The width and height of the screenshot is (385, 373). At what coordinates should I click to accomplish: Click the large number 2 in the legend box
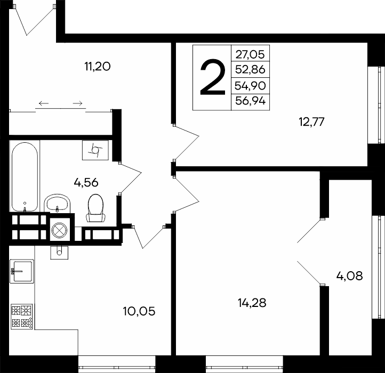(x=213, y=77)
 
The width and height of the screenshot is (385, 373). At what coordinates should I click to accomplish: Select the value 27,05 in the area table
(x=250, y=54)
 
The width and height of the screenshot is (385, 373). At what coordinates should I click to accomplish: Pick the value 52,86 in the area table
(x=250, y=70)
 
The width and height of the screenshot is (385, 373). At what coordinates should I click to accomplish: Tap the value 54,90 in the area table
(x=250, y=86)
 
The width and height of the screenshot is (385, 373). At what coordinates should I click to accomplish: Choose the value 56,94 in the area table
(x=250, y=101)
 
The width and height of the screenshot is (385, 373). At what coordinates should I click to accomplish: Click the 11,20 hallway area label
(x=98, y=66)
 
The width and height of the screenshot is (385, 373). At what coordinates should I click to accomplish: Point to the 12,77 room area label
(x=311, y=121)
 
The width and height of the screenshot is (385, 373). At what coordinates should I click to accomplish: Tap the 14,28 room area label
(x=252, y=303)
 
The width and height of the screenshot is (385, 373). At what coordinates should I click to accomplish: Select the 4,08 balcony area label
(x=349, y=276)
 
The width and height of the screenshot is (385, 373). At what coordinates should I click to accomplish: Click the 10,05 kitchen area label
(x=139, y=311)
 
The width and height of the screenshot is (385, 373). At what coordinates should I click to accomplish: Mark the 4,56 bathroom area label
(x=86, y=183)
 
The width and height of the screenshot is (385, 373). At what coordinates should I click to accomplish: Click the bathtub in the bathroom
(x=25, y=176)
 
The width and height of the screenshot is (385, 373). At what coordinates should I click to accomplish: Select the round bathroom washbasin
(x=57, y=203)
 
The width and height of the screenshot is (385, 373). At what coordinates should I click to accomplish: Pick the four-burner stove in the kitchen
(x=22, y=317)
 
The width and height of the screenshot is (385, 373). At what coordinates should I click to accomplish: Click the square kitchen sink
(x=22, y=271)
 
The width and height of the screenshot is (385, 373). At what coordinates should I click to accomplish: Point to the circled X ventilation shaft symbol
(x=59, y=231)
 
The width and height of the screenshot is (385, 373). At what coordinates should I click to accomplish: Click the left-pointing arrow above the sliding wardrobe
(x=44, y=103)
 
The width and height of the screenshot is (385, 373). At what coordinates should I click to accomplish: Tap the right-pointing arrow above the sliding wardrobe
(x=78, y=103)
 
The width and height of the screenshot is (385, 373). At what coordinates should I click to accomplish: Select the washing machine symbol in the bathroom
(x=95, y=150)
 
